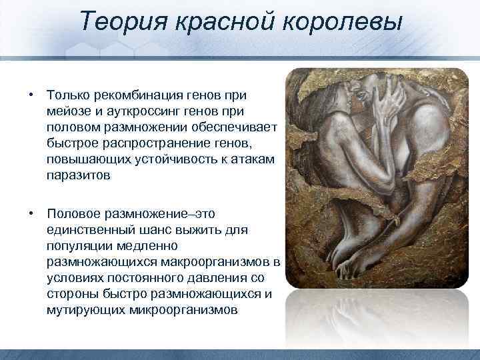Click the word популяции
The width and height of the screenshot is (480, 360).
78,246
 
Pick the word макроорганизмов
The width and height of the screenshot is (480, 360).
213,263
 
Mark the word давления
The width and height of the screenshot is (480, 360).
224,279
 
